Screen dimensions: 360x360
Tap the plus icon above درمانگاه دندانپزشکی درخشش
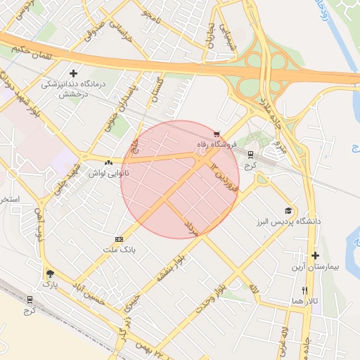click(74, 72)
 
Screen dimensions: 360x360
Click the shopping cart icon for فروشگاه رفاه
click(217, 134)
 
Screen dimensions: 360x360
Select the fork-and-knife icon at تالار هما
click(304, 290)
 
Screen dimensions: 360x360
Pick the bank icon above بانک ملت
click(118, 239)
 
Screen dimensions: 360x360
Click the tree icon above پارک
click(49, 274)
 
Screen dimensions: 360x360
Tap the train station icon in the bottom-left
click(29, 299)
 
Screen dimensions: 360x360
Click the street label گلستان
click(157, 91)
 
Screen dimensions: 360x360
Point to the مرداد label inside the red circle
click(192, 226)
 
